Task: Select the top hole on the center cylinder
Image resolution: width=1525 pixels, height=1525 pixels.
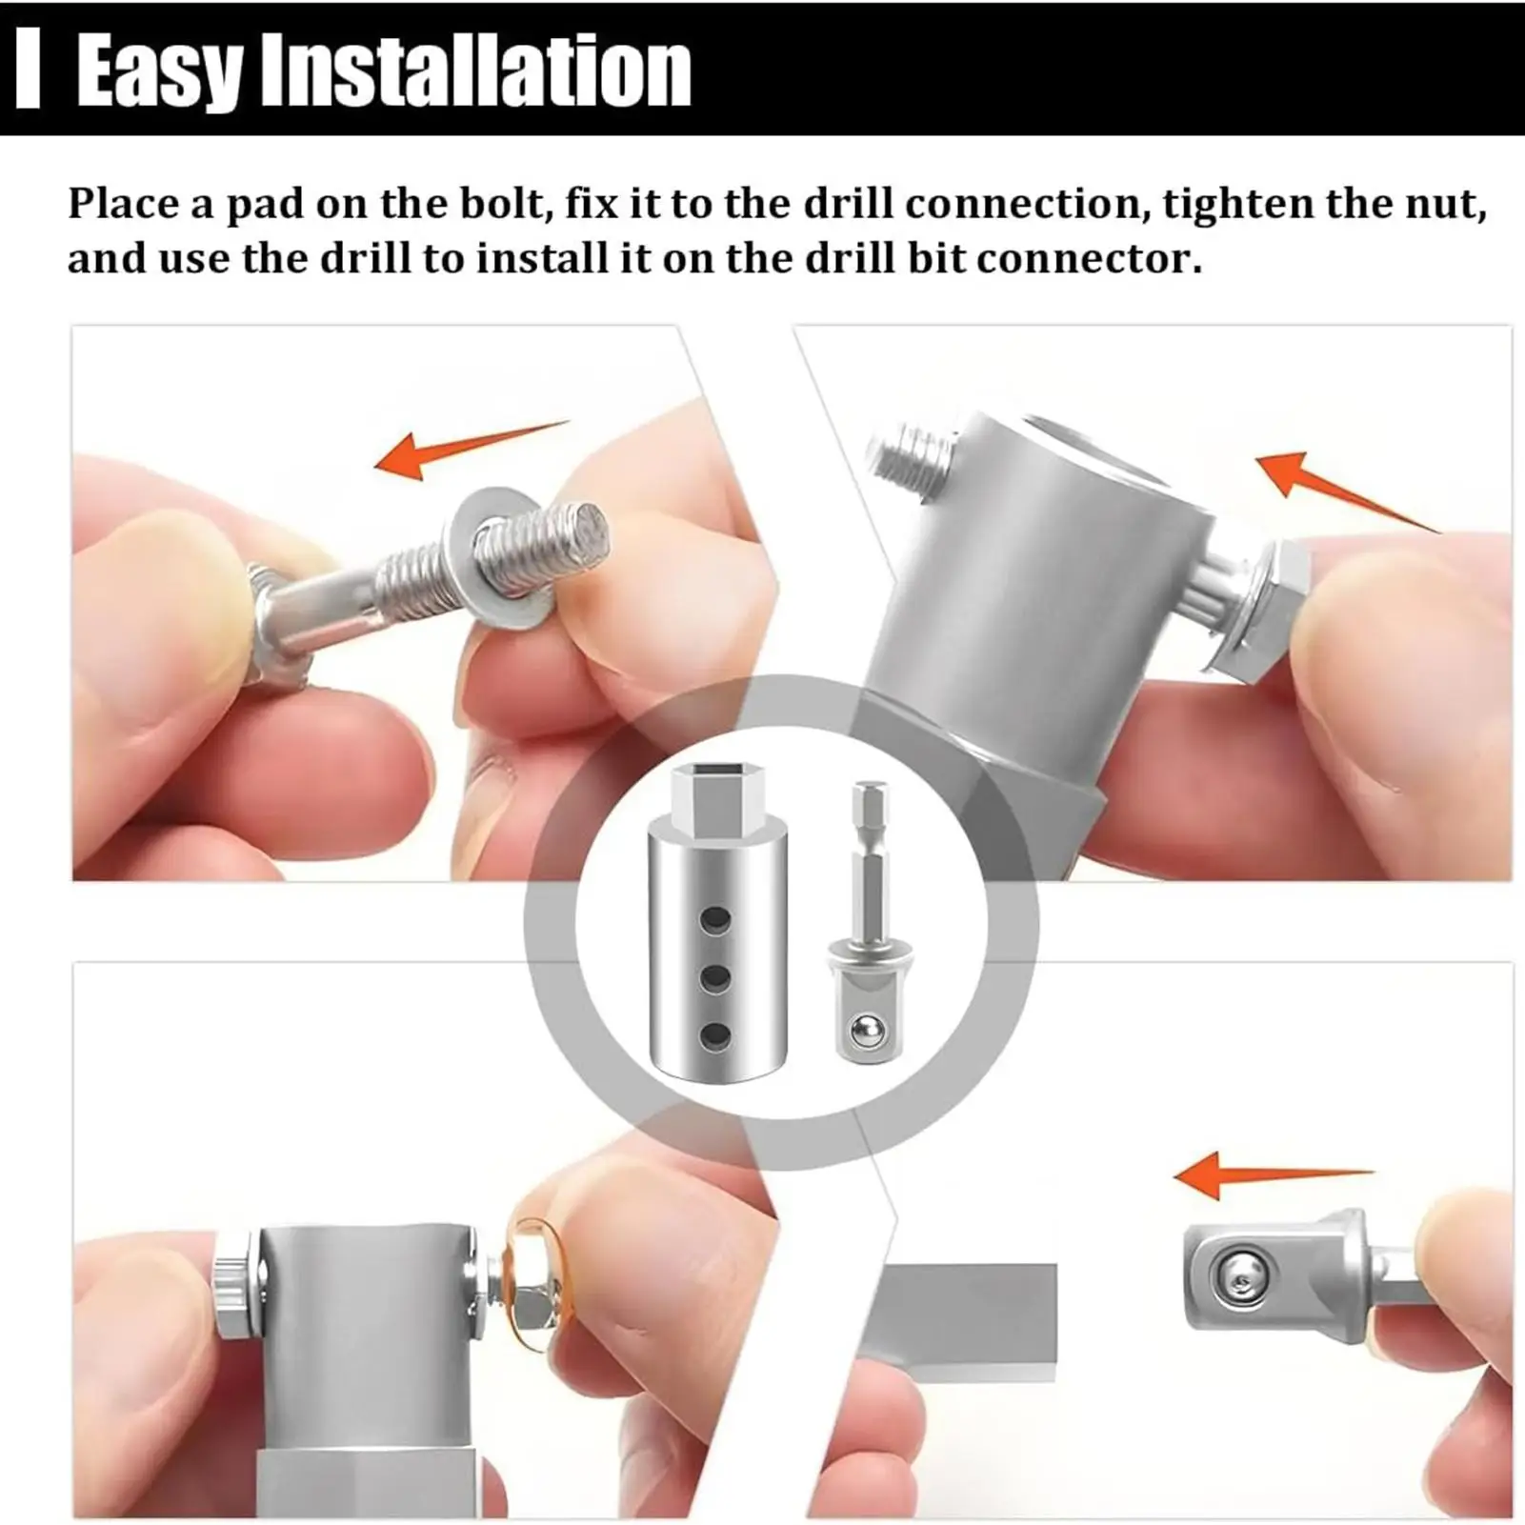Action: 715,920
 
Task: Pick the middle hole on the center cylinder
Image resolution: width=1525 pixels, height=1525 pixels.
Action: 715,977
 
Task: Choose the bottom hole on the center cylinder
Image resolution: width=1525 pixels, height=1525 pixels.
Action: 715,1034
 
